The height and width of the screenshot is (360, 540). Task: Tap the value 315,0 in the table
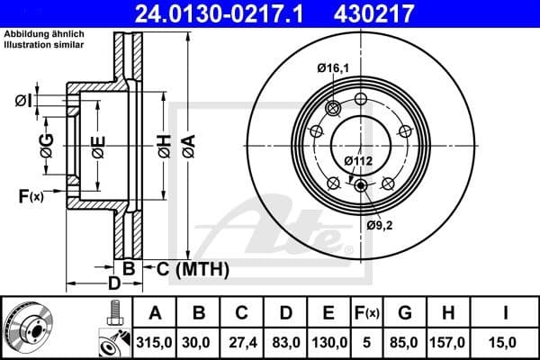point(155,341)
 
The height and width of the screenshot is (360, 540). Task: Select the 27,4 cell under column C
point(242,341)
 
